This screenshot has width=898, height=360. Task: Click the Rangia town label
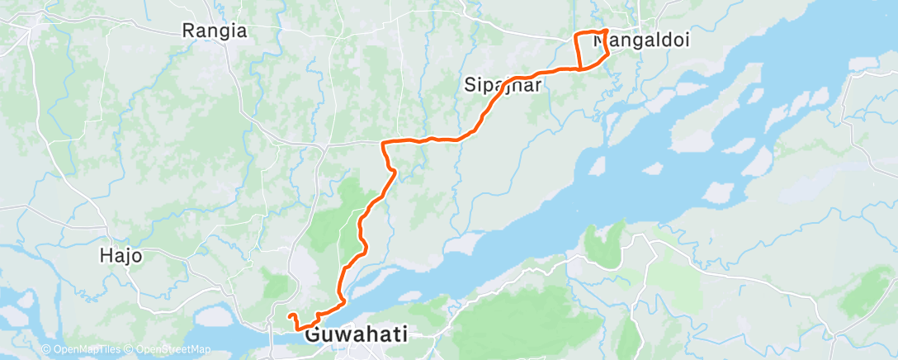[x=214, y=31]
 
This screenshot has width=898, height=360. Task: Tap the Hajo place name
[x=121, y=256]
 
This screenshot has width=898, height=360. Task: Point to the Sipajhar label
[x=502, y=83]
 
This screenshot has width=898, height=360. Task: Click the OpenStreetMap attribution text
[x=170, y=349]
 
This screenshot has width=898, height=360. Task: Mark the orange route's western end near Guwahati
[x=288, y=315]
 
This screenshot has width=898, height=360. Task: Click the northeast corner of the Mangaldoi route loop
[x=607, y=31]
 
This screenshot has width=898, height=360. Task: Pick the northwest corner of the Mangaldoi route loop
[x=576, y=34]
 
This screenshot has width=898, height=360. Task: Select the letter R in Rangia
[x=187, y=31]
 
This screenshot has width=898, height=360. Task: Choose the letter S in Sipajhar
[x=469, y=83]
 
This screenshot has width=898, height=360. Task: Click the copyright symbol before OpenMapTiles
[x=46, y=349]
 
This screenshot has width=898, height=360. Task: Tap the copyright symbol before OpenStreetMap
[x=128, y=349]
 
